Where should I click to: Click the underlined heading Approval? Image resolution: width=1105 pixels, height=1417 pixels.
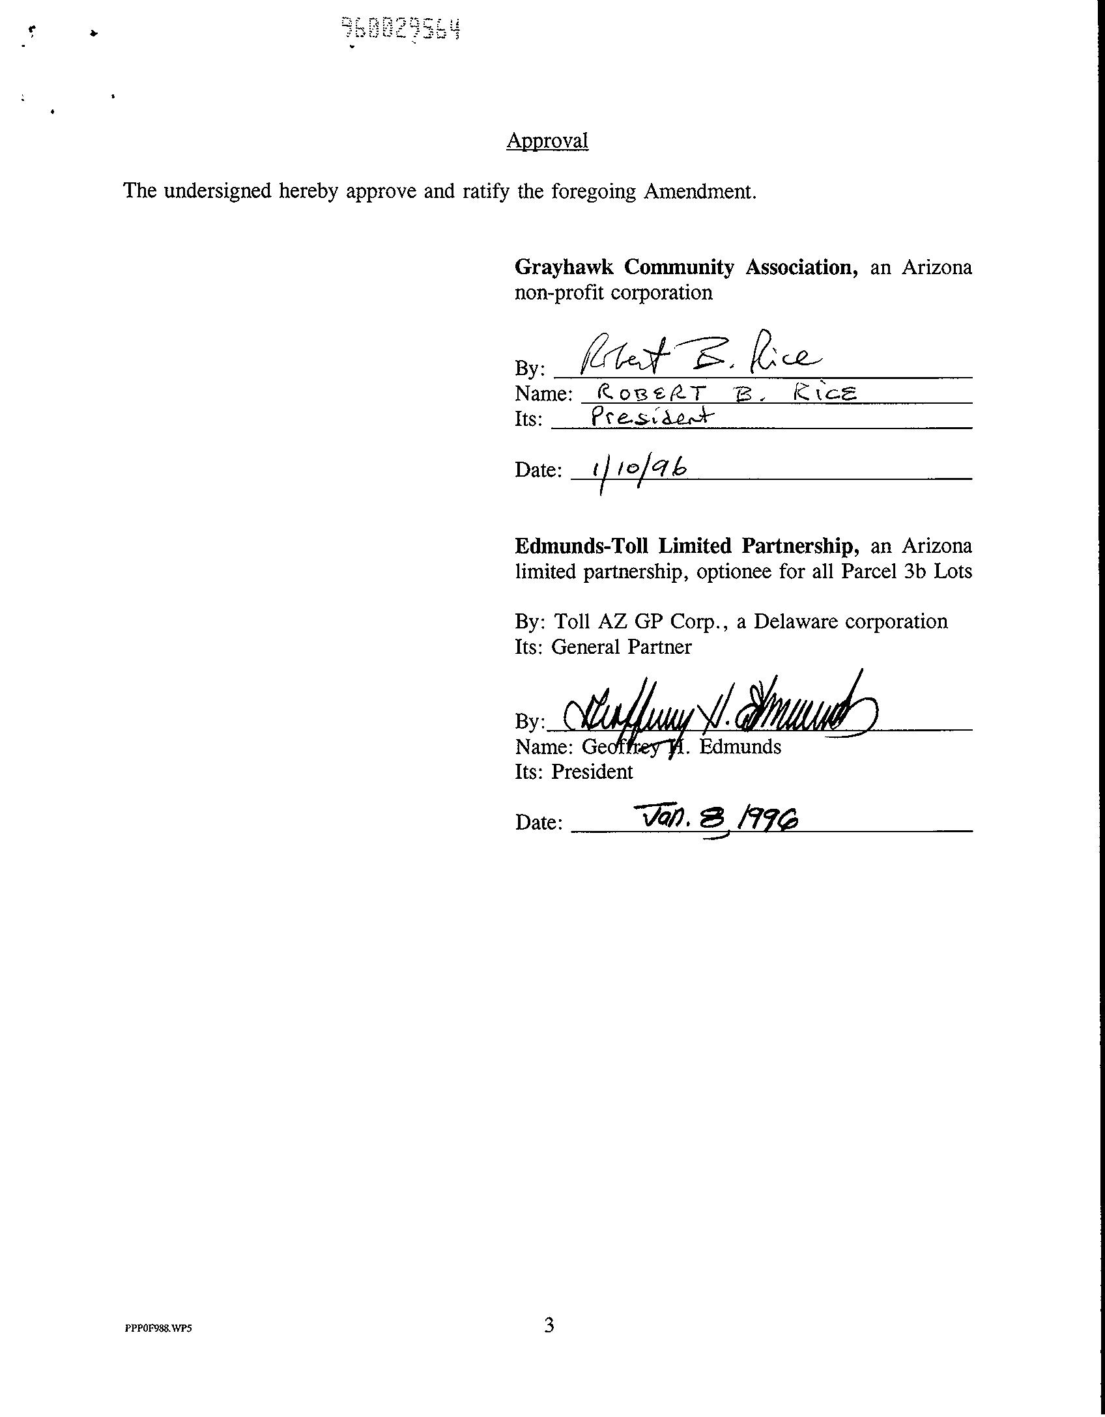coord(547,141)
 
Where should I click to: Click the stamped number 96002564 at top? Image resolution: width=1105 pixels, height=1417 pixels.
coord(401,29)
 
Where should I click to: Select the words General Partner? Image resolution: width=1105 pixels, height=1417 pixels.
coord(621,647)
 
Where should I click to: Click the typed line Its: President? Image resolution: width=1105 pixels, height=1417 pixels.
coord(573,772)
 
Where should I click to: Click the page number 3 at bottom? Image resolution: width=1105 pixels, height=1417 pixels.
coord(549,1325)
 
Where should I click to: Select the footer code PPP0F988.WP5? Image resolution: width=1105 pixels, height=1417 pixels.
coord(158,1328)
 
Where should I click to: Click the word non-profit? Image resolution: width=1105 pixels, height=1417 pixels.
coord(561,292)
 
